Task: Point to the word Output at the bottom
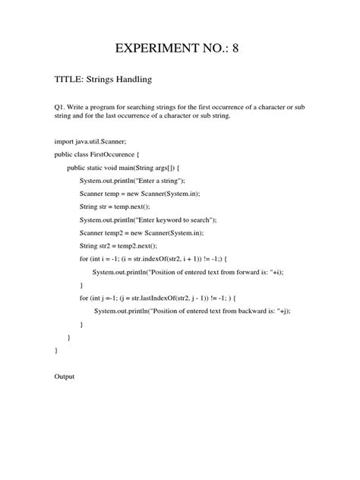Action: click(65, 376)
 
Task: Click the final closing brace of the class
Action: click(56, 350)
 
